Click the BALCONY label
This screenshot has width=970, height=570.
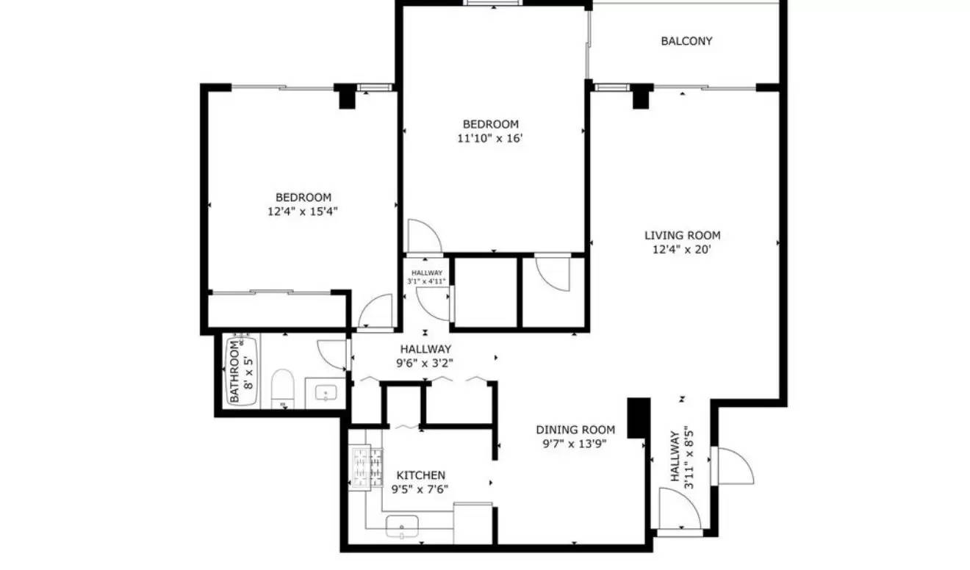686,41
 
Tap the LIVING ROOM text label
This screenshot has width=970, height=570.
682,236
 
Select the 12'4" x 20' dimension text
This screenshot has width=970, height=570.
682,250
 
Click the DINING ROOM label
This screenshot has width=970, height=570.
575,430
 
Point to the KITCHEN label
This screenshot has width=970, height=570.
420,475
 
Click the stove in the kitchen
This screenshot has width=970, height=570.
365,467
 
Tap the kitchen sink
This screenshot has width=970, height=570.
402,526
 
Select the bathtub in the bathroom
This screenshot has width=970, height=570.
247,371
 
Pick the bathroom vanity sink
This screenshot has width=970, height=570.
326,393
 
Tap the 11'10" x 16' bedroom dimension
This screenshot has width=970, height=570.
490,138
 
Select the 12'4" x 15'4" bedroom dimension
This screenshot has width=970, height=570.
303,212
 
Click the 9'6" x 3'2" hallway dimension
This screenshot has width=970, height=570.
425,363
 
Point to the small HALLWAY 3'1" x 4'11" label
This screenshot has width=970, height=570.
426,277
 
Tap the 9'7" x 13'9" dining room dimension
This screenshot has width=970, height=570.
575,444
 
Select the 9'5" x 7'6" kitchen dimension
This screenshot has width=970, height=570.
420,489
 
